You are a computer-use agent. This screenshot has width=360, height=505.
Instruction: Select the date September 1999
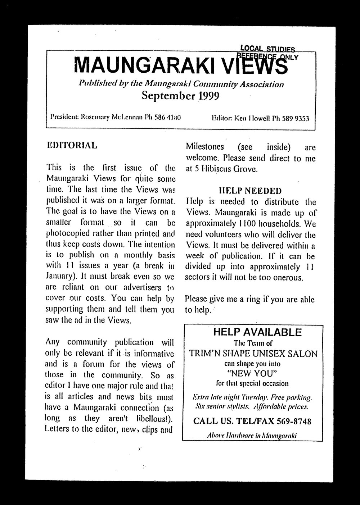pyautogui.click(x=180, y=96)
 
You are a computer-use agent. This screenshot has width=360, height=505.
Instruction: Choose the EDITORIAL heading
pyautogui.click(x=72, y=146)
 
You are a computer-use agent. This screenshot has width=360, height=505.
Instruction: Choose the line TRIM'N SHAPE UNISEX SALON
pyautogui.click(x=253, y=354)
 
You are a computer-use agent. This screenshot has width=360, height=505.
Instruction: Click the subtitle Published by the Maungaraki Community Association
pyautogui.click(x=181, y=84)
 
